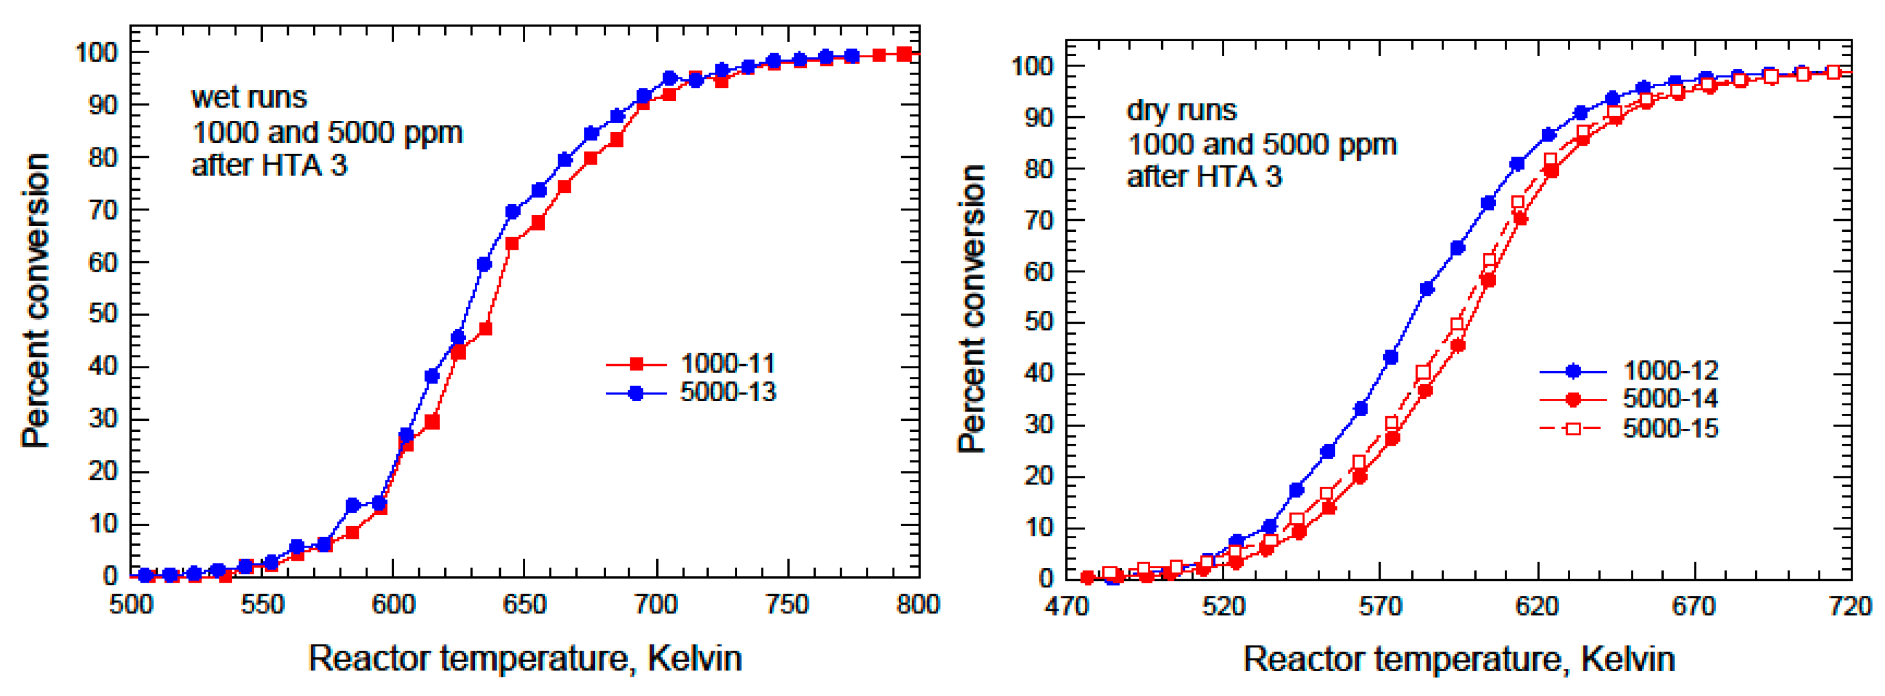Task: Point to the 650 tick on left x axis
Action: pyautogui.click(x=525, y=605)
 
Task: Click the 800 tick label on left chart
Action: pyautogui.click(x=917, y=605)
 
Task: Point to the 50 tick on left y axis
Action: pyautogui.click(x=102, y=314)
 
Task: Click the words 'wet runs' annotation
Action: pyautogui.click(x=249, y=97)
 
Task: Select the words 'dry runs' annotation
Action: pyautogui.click(x=1181, y=110)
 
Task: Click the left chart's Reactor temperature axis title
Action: pyautogui.click(x=525, y=658)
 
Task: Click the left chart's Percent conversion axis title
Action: pyautogui.click(x=35, y=300)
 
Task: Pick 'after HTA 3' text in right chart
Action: pyautogui.click(x=1204, y=176)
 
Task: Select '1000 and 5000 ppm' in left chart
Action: pyautogui.click(x=326, y=132)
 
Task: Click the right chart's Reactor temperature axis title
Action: pyautogui.click(x=1459, y=658)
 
